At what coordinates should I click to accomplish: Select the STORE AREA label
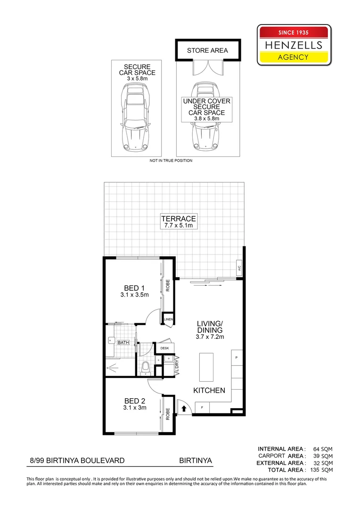click(207, 50)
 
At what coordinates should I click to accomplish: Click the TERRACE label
click(178, 219)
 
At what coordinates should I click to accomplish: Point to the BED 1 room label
click(134, 288)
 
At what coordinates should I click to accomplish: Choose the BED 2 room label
click(134, 401)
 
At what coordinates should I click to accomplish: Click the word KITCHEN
click(209, 391)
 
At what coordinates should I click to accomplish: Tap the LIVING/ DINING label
click(209, 327)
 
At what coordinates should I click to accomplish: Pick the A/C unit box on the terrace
click(239, 268)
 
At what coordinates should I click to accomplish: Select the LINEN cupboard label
click(168, 320)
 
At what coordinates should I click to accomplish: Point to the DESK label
click(164, 348)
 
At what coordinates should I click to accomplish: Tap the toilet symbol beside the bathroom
click(146, 366)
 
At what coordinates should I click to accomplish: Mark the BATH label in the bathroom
click(123, 343)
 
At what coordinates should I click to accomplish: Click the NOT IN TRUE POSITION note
click(171, 161)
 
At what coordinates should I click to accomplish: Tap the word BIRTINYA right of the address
click(195, 460)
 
